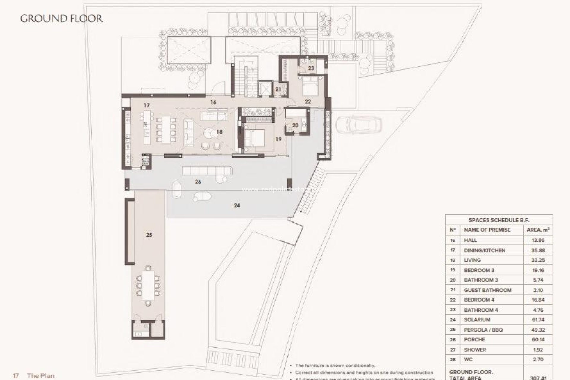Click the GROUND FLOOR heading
[61, 19]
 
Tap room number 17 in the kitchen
[146, 105]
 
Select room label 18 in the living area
[219, 132]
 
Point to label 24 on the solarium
[237, 205]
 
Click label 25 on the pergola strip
[149, 235]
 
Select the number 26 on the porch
[198, 182]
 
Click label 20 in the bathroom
[295, 126]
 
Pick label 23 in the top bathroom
[311, 68]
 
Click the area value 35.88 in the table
[538, 250]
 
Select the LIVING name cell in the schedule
[472, 260]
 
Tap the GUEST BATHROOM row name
[487, 290]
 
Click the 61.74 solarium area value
[538, 320]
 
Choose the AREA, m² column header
[538, 230]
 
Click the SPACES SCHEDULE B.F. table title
[499, 220]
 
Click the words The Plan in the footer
[41, 376]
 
